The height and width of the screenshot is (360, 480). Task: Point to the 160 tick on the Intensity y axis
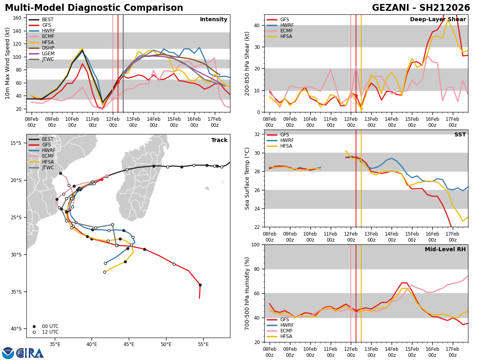point(17,18)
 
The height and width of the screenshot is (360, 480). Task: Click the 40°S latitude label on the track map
point(16,329)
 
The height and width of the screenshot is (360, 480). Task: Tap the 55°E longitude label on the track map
point(203,345)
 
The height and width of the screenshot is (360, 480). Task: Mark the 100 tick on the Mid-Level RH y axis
point(256,244)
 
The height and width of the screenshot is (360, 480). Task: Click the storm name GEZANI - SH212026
point(421,8)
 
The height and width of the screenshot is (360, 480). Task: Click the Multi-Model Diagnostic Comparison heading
point(94,8)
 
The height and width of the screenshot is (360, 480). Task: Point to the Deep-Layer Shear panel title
point(438,19)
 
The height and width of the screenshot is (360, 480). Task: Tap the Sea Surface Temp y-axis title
point(247,178)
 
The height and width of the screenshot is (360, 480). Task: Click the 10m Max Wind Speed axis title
point(7,63)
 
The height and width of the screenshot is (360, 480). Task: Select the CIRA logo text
point(30,353)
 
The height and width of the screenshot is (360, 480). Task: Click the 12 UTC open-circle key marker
point(34,332)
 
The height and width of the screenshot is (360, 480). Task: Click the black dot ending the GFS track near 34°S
point(200,285)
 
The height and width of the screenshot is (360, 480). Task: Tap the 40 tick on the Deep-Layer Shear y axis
point(257,25)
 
